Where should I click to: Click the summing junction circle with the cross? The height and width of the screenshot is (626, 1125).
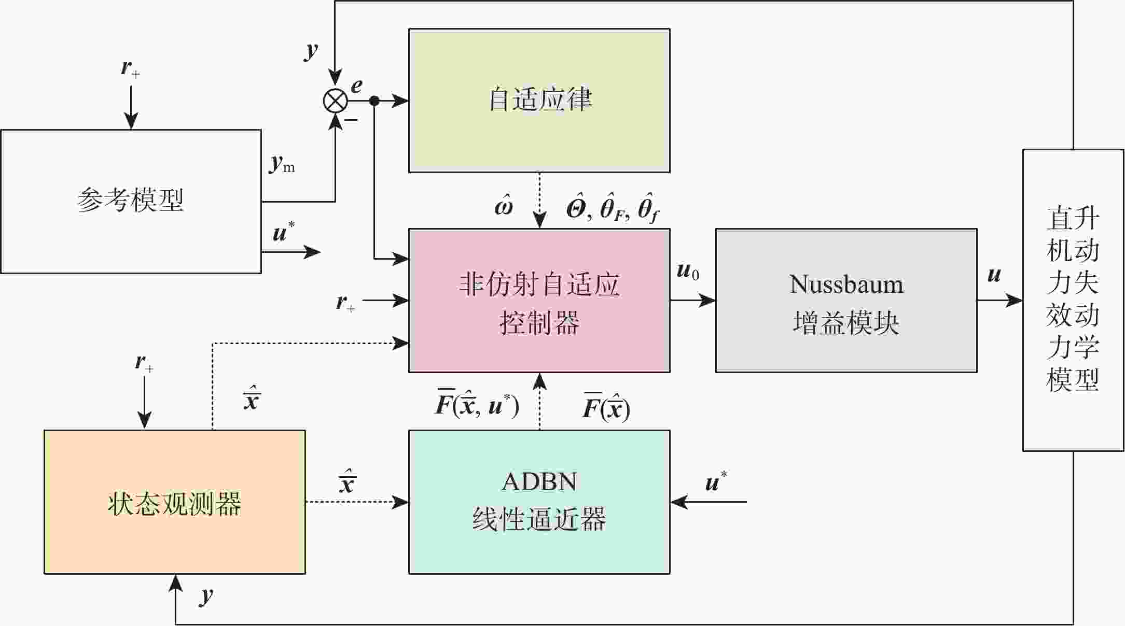point(336,101)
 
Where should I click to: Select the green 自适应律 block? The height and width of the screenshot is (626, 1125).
point(539,101)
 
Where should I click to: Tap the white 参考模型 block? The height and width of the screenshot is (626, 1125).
point(131,201)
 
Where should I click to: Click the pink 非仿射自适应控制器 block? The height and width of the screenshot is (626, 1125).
point(539,301)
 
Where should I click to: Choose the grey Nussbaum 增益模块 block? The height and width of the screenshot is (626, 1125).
point(846,301)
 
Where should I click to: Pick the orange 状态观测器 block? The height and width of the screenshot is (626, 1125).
point(175,502)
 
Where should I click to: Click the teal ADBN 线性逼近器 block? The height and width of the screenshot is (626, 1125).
point(539,502)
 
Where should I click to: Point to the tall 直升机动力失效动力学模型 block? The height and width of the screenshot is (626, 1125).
point(1073,301)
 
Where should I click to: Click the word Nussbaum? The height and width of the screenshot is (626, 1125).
point(846,284)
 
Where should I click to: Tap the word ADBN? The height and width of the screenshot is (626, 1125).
point(539,482)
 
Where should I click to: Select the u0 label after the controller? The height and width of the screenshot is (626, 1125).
point(688,271)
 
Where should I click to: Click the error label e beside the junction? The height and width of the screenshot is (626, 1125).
point(357,86)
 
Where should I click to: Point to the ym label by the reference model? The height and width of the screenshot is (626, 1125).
point(282,164)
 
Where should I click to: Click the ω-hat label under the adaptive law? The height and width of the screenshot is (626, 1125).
point(504,205)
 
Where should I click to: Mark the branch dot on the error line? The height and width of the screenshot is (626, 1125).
point(374,101)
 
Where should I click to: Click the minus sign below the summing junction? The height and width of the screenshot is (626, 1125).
point(351,120)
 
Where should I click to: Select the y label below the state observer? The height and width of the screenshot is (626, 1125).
point(206,595)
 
